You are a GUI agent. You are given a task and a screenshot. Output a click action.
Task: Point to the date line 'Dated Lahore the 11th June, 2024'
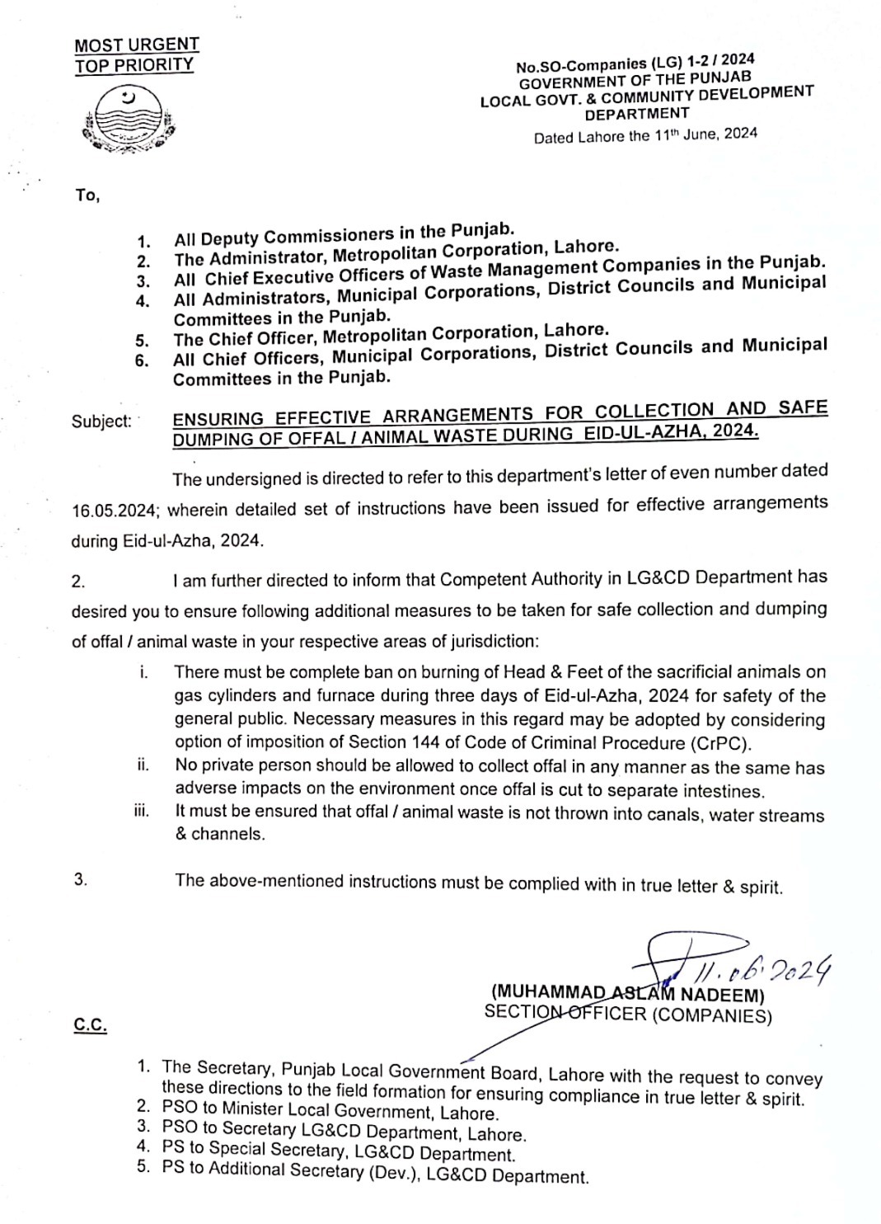(645, 134)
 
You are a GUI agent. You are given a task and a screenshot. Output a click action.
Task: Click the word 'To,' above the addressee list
(87, 196)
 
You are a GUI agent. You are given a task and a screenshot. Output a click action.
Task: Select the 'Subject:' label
(101, 421)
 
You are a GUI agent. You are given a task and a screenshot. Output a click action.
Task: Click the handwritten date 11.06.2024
(766, 968)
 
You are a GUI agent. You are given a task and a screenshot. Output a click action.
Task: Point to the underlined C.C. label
(91, 1025)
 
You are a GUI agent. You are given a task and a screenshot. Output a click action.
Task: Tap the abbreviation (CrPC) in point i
(718, 743)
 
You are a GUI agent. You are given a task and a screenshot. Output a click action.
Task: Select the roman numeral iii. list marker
(141, 812)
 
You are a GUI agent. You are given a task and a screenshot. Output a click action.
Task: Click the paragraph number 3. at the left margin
(80, 880)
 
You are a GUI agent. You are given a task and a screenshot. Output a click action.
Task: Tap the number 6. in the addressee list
(143, 360)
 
